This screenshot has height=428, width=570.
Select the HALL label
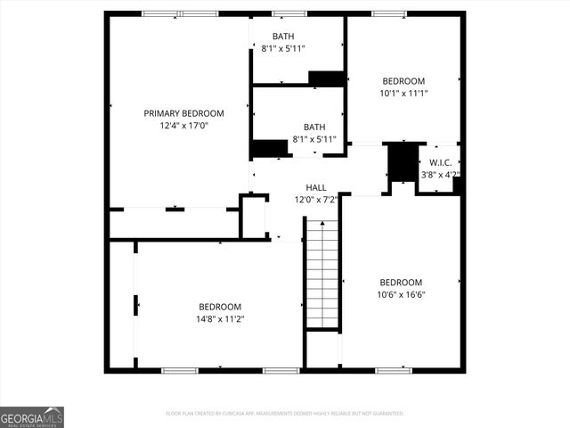tap(316, 187)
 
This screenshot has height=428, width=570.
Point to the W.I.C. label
tap(440, 162)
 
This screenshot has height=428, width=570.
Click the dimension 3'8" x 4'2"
tap(440, 175)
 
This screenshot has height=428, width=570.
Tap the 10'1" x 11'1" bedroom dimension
tap(403, 93)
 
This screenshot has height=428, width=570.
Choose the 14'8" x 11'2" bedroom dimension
tap(220, 318)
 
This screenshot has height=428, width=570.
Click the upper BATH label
tap(283, 37)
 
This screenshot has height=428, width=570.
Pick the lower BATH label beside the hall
tap(314, 127)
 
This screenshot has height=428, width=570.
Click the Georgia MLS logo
tap(32, 416)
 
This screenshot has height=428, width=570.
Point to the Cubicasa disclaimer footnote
tap(285, 414)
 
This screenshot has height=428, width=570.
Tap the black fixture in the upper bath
tap(326, 78)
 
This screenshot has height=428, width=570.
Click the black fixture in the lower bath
tap(269, 149)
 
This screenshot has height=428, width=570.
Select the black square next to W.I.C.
tap(403, 161)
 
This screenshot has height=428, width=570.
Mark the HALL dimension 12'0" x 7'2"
tap(316, 200)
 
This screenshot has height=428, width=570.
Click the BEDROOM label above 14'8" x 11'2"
tap(220, 306)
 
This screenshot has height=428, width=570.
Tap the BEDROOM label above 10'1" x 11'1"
tap(403, 80)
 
